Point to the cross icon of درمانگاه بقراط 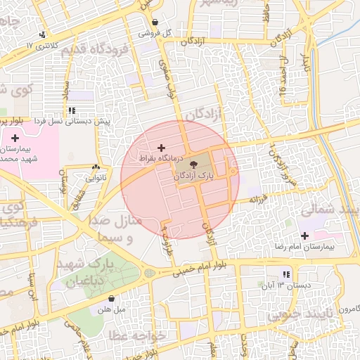point(162,148)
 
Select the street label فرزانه point(259,199)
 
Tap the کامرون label point(347,309)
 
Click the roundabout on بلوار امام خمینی point(149,273)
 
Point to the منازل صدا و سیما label point(117,229)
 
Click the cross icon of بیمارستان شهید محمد point(15,138)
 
